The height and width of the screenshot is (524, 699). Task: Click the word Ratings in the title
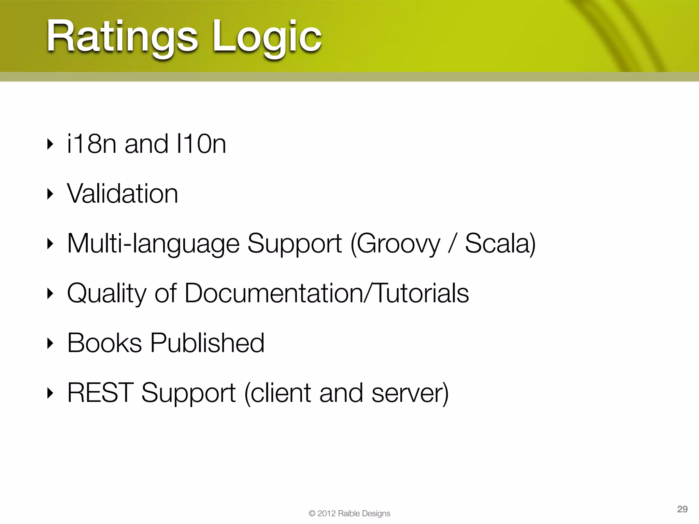(x=122, y=37)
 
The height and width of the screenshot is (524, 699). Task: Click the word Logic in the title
(x=267, y=37)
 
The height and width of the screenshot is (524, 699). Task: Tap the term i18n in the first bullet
(x=92, y=144)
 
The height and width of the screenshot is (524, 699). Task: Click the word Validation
(x=123, y=194)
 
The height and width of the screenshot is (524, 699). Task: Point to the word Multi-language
(x=153, y=244)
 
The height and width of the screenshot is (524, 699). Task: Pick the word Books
(x=104, y=343)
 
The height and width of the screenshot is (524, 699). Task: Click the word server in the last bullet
(x=408, y=393)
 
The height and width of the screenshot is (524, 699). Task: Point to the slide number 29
(x=682, y=509)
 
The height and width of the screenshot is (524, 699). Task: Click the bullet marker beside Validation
(x=50, y=194)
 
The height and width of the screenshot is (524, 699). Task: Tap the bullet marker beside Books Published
(x=50, y=343)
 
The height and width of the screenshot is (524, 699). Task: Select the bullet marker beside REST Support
(x=50, y=393)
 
